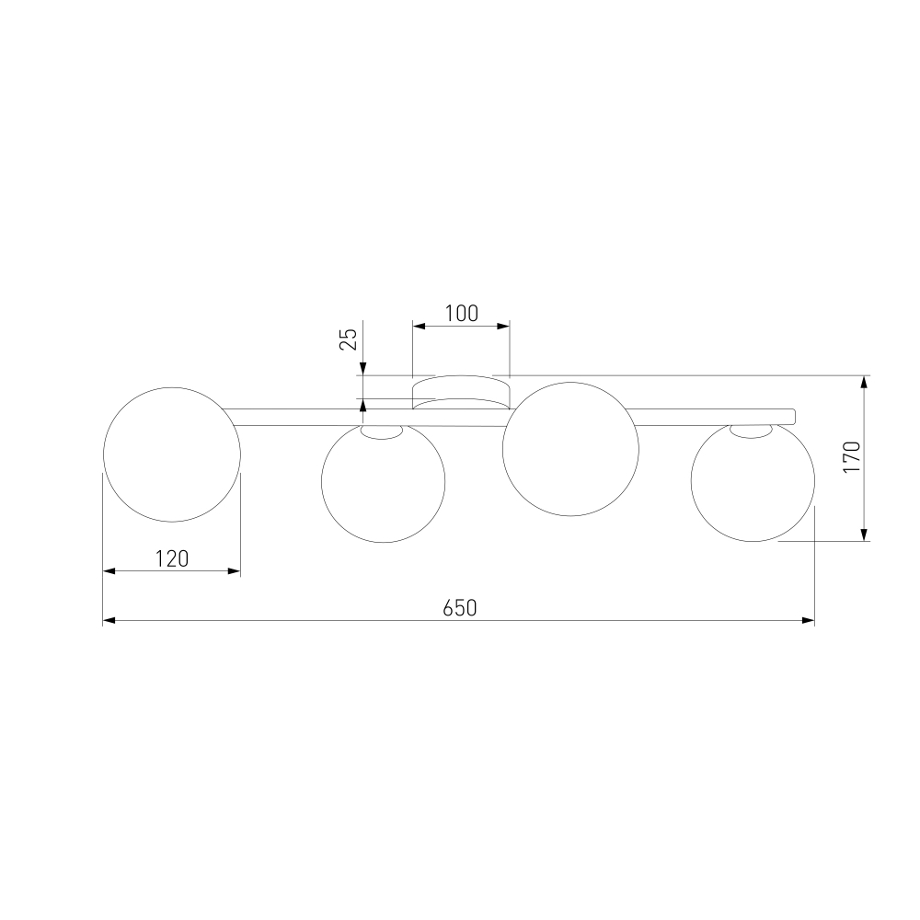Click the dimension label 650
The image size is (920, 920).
click(459, 608)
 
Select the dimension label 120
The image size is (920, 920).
click(172, 558)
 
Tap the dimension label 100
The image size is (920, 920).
click(461, 314)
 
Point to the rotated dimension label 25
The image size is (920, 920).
click(349, 339)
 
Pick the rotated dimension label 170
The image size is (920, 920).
click(851, 457)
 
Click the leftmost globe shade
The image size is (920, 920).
click(172, 454)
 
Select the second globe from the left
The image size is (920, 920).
click(383, 482)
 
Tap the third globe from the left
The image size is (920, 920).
click(570, 449)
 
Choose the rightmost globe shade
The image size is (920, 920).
click(753, 480)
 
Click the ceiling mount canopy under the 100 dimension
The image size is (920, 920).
click(461, 392)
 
